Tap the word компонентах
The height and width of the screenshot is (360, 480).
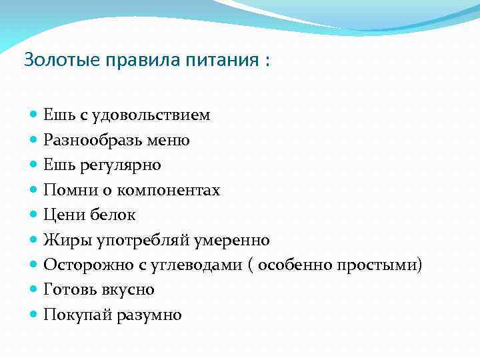coord(169,191)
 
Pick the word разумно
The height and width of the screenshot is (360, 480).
coord(150,315)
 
